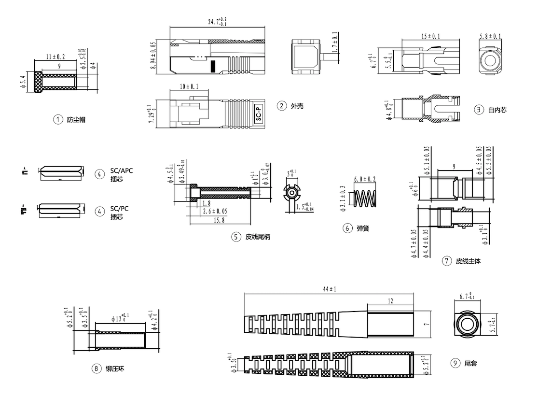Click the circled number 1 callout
[x=58, y=119]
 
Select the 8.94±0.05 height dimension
[x=154, y=55]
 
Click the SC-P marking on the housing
[x=259, y=114]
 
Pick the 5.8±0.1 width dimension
[x=490, y=36]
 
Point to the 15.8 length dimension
[x=219, y=220]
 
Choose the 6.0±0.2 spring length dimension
[x=365, y=179]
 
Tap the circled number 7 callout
[x=447, y=261]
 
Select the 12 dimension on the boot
[x=390, y=301]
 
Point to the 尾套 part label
[x=471, y=363]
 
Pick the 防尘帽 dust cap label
[x=76, y=119]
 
